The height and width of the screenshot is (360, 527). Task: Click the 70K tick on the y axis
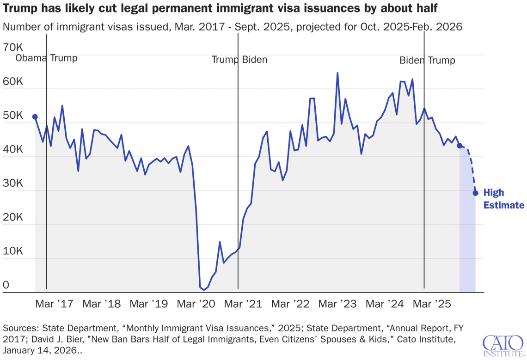[x=12, y=47]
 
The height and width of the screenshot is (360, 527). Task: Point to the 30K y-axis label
[x=12, y=183]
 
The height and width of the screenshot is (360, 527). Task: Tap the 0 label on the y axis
[x=6, y=285]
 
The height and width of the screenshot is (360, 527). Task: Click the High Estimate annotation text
[x=503, y=199]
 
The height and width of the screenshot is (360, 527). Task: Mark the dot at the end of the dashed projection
[x=475, y=193]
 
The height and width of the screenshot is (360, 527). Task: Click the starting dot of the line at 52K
[x=35, y=117]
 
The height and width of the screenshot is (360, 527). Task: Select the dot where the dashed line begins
[x=460, y=146]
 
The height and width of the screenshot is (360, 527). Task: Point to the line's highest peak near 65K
[x=337, y=73]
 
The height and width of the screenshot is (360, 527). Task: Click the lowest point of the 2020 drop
[x=204, y=290]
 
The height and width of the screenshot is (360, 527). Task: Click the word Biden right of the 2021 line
[x=253, y=60]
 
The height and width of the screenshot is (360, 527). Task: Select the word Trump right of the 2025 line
[x=441, y=61]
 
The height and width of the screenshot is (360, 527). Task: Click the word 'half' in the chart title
[x=426, y=8]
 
